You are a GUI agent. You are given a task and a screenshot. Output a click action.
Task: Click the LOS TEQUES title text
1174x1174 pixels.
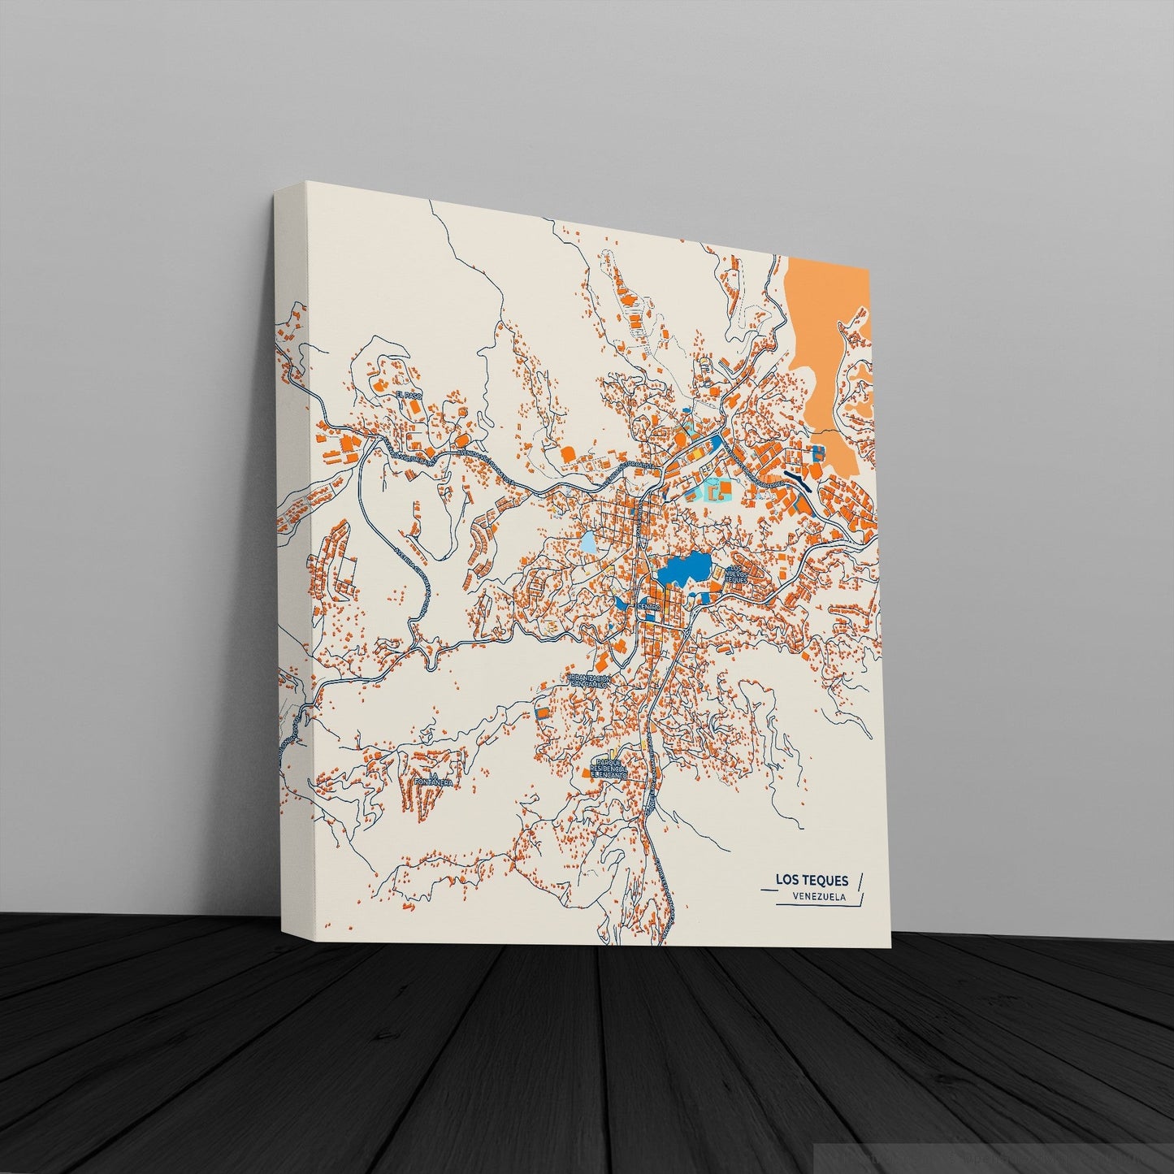(811, 880)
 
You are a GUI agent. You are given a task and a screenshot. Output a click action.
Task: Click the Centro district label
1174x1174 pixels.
(650, 606)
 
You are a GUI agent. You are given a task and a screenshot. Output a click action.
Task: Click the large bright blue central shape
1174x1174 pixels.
(682, 570)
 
